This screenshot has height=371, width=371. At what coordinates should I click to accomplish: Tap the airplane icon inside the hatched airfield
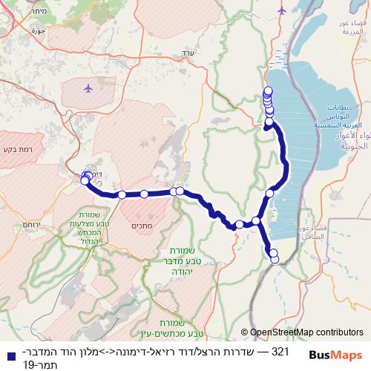pos(88,88)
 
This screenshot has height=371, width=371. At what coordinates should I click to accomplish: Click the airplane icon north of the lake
pos(281,10)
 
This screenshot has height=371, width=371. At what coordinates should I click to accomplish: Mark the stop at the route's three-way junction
pos(256,220)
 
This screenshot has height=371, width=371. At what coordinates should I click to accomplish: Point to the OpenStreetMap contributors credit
pos(303,332)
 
